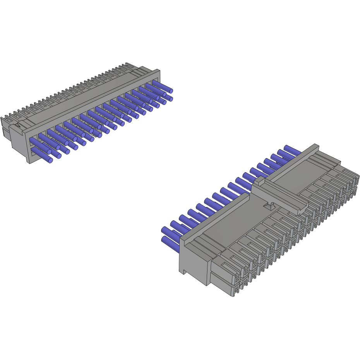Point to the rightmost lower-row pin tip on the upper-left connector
[170, 99]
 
